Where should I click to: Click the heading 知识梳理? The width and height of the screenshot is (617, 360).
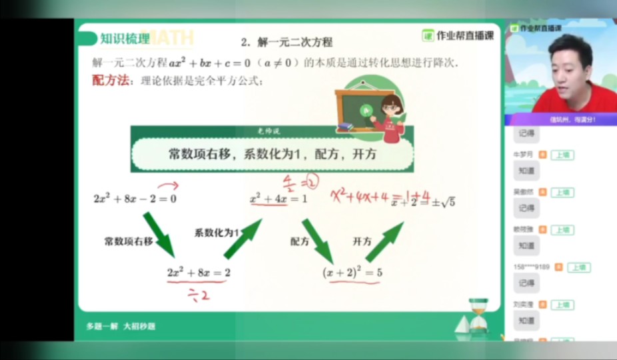pos(125,39)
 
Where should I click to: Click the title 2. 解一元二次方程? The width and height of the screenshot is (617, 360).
pos(287,42)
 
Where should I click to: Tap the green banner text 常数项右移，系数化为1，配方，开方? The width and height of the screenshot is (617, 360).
pos(273,154)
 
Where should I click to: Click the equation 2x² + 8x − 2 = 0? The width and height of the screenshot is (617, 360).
pos(135,198)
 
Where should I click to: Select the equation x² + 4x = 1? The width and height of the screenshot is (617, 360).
pos(278,199)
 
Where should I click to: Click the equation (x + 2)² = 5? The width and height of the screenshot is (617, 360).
pos(352,272)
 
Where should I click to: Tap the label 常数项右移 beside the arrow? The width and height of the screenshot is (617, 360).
pos(129,240)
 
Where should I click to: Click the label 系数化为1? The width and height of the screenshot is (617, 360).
pos(217,233)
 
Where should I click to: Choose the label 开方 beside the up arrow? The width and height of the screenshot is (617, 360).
pos(362,241)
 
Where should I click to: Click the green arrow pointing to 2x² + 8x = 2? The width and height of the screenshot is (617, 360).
pos(158,234)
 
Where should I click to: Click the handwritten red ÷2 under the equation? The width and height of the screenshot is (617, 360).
pos(197,295)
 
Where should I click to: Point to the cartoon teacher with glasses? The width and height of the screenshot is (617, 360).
pos(390,117)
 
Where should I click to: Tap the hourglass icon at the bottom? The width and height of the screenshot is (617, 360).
pos(478,316)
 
